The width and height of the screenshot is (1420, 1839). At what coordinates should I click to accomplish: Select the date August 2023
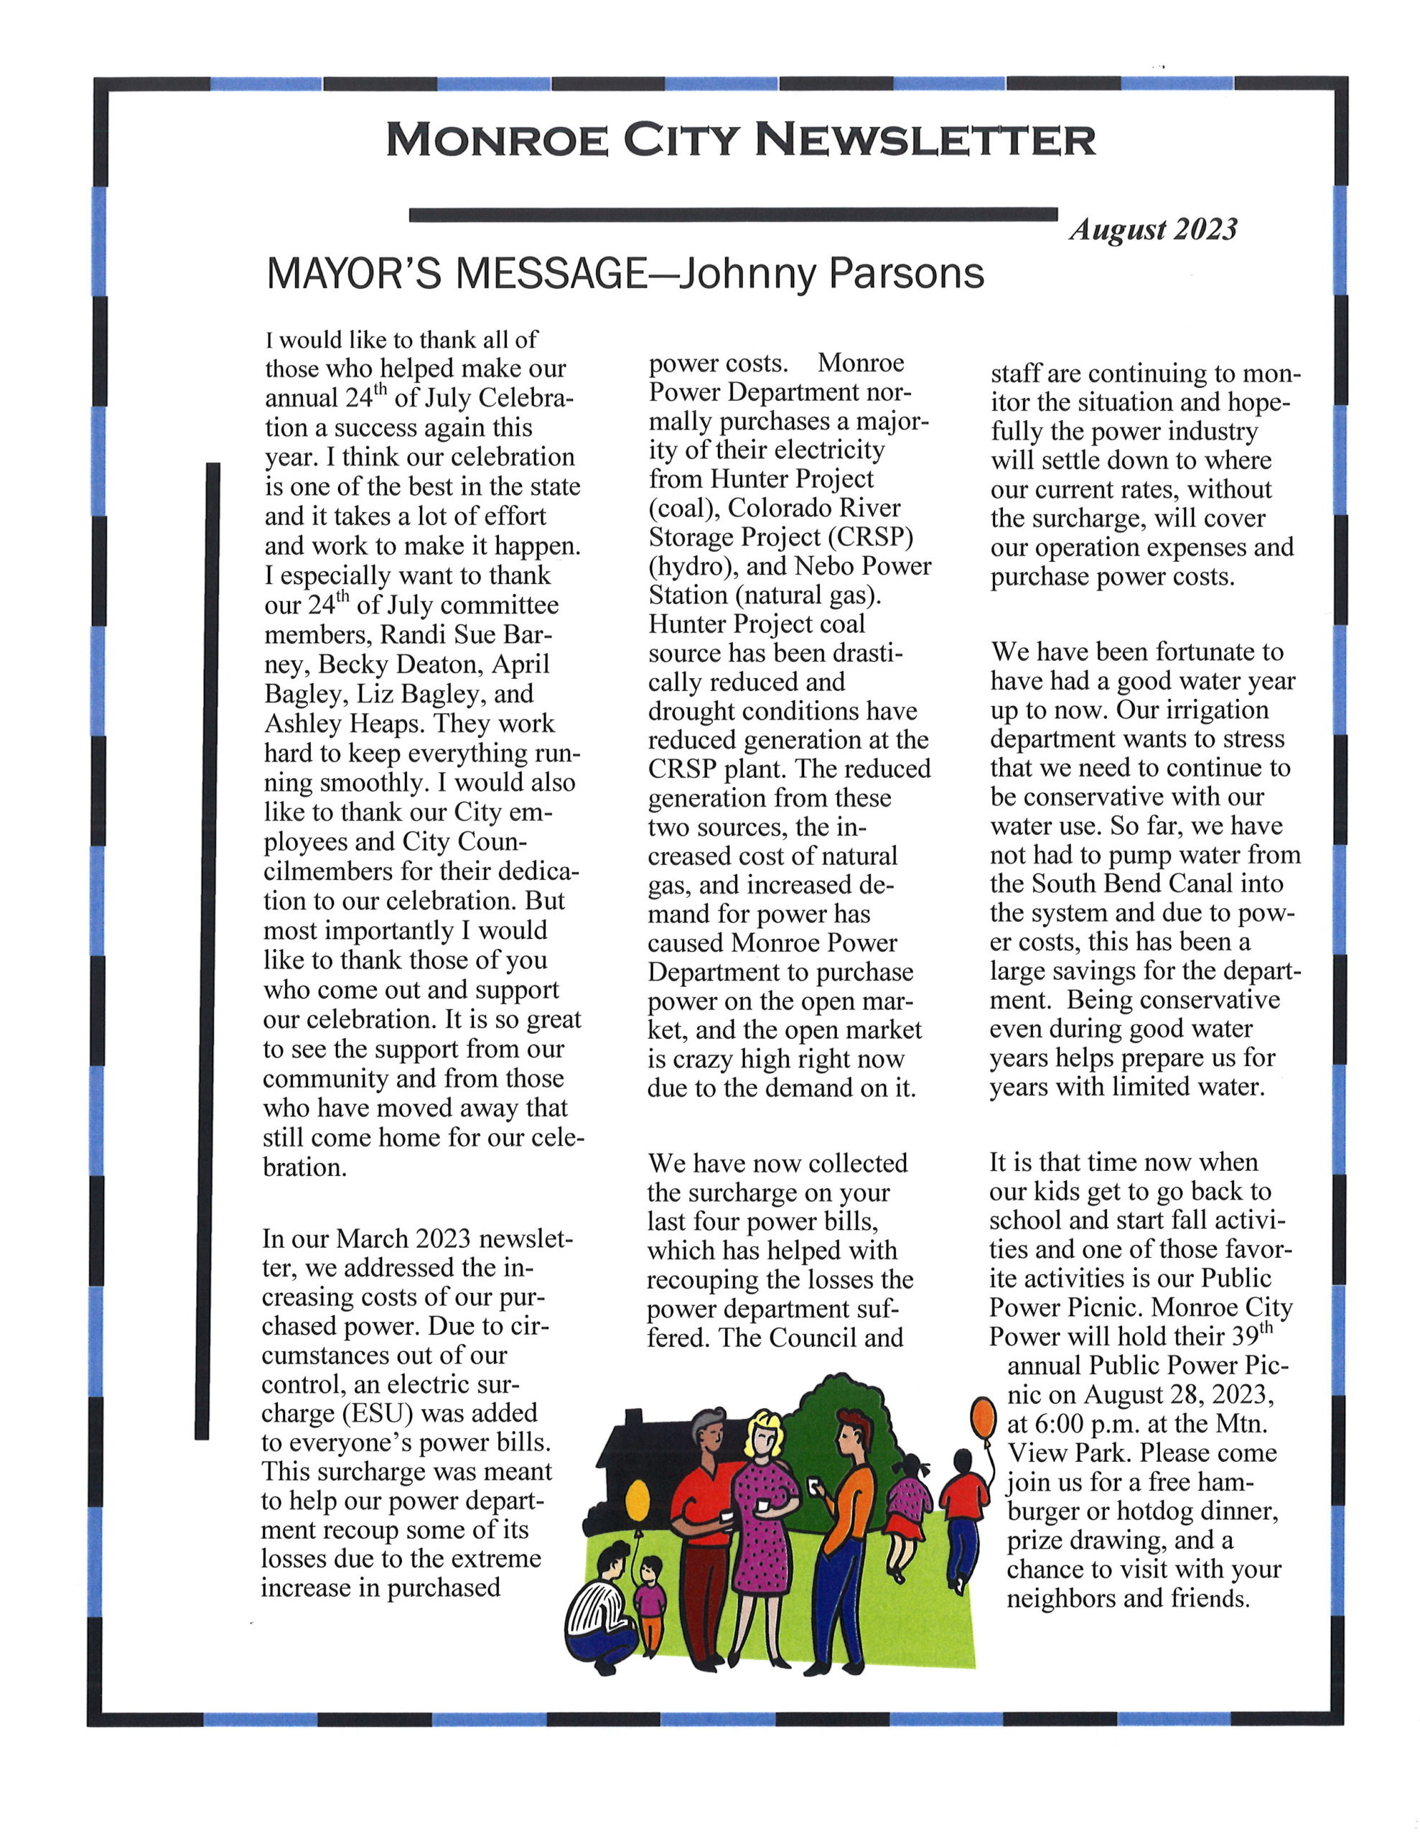pos(1153,229)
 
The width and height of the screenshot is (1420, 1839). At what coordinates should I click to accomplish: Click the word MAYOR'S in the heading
pos(352,274)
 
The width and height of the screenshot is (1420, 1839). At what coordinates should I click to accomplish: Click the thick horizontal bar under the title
pos(732,215)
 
